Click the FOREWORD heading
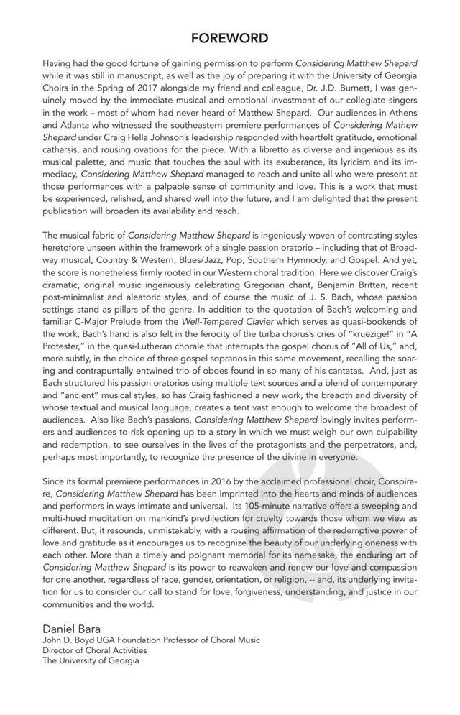click(x=230, y=38)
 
